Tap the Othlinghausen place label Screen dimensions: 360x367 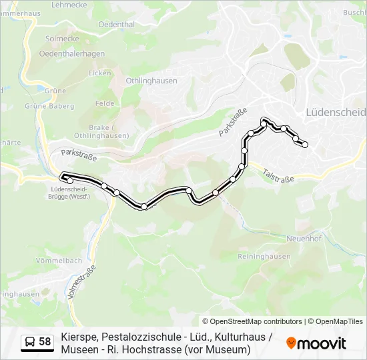click(151, 81)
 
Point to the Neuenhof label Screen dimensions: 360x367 click(304, 238)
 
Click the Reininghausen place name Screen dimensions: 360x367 click(264, 256)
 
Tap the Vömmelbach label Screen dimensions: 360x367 click(59, 260)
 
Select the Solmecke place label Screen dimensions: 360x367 click(62, 39)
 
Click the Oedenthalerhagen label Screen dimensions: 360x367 click(71, 54)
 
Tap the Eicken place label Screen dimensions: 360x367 click(99, 73)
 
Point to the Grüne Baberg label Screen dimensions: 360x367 click(49, 105)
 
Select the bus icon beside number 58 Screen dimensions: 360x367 click(30, 342)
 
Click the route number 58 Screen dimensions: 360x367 click(45, 342)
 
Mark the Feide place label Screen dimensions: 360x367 click(105, 103)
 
